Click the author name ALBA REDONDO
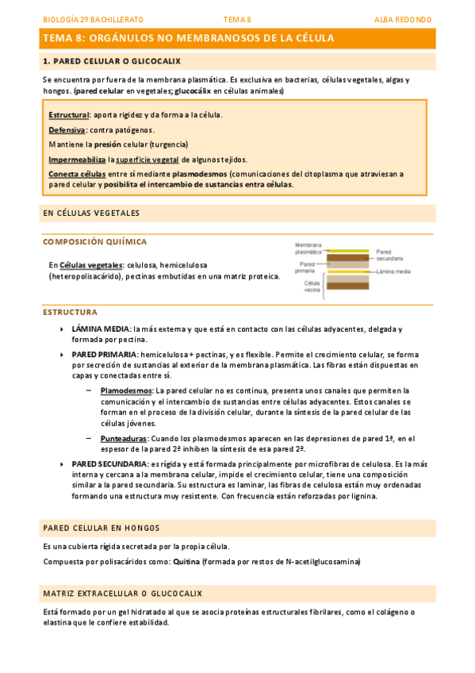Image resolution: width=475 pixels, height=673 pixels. [403, 19]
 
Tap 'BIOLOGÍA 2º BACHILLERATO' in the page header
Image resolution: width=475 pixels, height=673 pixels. [93, 19]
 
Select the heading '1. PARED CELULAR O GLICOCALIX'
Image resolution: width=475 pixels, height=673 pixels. [112, 61]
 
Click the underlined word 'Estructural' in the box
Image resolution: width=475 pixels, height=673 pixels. [68, 115]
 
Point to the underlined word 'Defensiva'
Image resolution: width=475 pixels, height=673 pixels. [67, 129]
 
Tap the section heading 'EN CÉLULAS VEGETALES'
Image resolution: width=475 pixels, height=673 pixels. [91, 213]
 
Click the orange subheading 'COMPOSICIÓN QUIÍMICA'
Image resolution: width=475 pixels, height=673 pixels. [94, 242]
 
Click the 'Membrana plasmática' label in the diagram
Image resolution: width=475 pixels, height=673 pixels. [308, 248]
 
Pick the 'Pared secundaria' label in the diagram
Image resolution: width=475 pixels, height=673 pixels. [390, 255]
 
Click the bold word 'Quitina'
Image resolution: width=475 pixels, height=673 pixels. [186, 561]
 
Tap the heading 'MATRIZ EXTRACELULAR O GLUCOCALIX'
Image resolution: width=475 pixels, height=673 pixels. [123, 593]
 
